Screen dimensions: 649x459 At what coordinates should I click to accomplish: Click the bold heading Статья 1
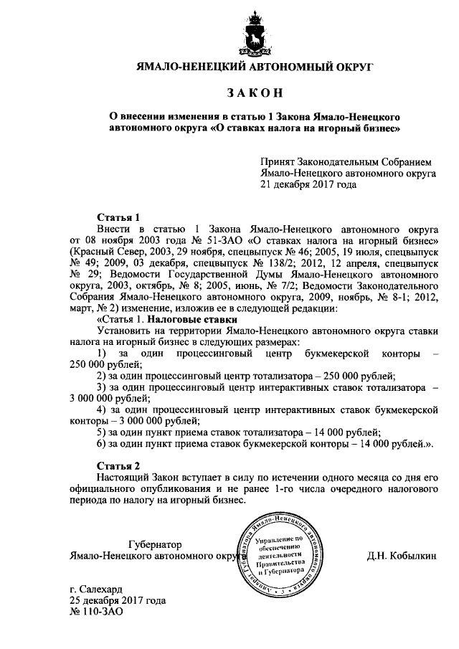pyautogui.click(x=116, y=217)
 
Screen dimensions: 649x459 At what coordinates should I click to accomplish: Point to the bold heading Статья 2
pyautogui.click(x=116, y=465)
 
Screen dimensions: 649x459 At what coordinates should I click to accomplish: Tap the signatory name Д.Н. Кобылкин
pyautogui.click(x=399, y=556)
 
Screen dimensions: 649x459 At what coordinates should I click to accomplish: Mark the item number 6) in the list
pyautogui.click(x=101, y=444)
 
